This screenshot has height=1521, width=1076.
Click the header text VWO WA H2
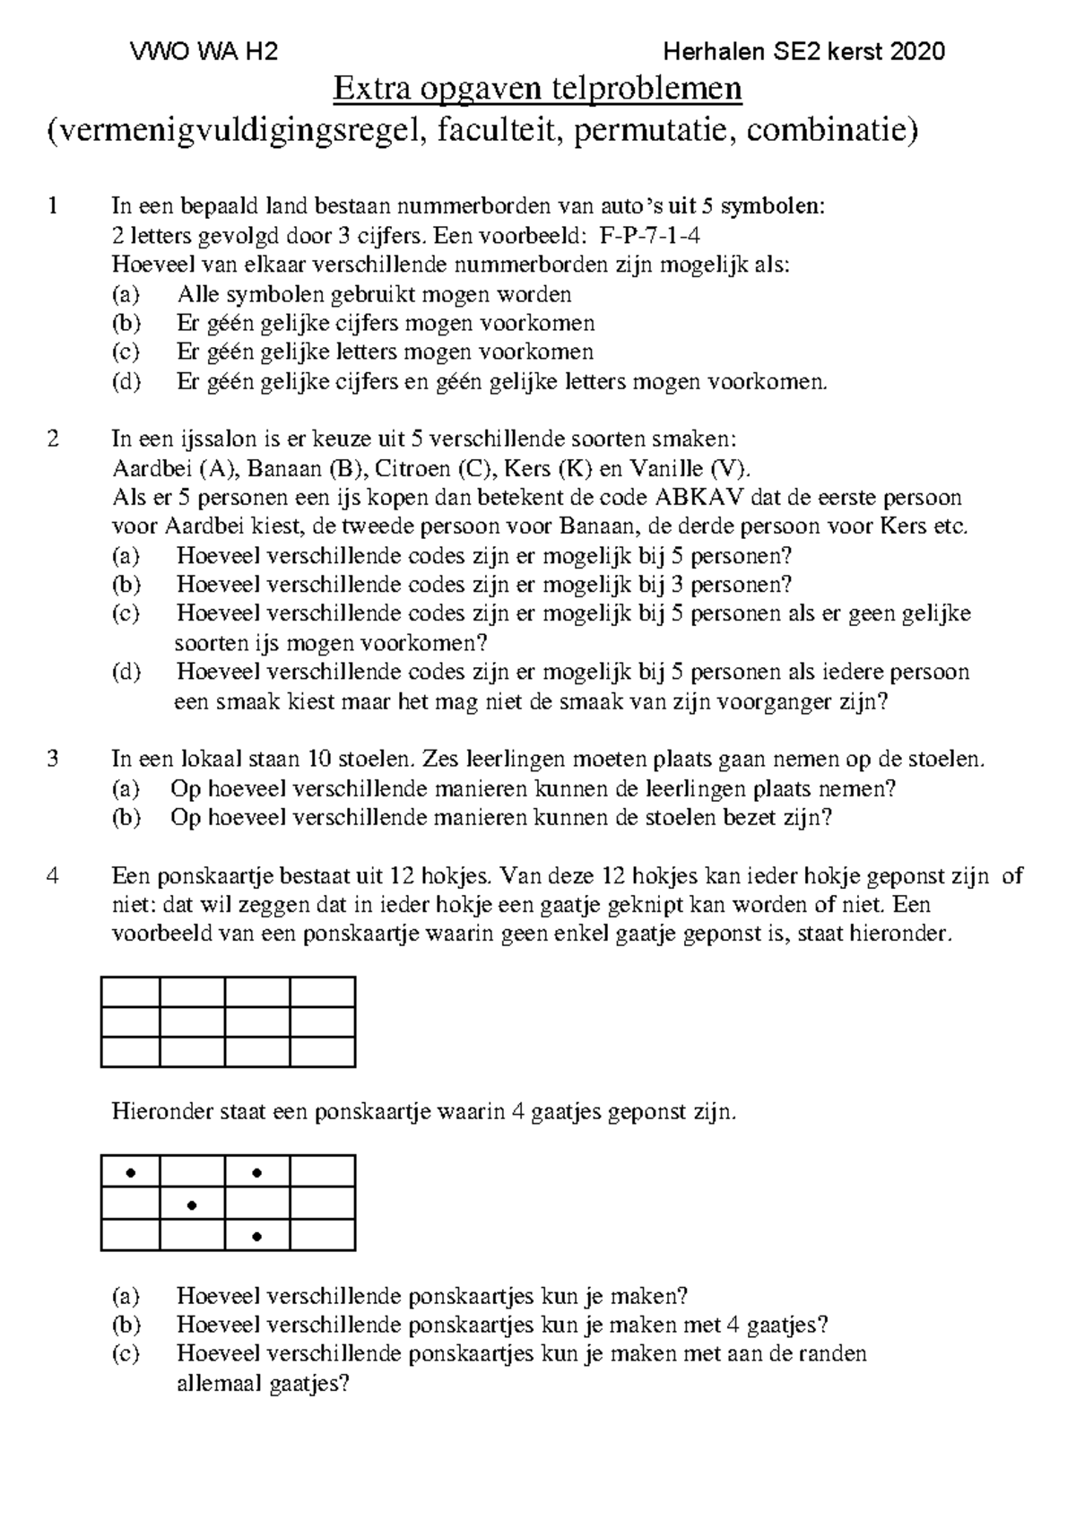coord(204,52)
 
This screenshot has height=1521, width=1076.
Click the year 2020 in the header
coord(918,52)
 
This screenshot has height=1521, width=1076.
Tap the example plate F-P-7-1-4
coord(649,236)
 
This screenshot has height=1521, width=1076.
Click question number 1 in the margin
coord(54,206)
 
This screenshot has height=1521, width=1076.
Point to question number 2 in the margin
coord(54,439)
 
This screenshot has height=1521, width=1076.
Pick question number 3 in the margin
coord(54,760)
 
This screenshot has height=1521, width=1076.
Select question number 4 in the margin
coord(54,876)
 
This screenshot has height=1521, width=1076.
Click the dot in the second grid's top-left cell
coord(131,1172)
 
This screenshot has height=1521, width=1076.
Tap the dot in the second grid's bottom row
coord(257,1237)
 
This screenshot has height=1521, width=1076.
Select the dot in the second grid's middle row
coord(192,1205)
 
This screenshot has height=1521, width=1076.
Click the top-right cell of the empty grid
coord(323,993)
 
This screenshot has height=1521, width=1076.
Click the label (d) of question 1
coord(126,382)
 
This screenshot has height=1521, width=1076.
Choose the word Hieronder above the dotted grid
coord(158,1113)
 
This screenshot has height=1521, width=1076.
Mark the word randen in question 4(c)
coord(837,1353)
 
